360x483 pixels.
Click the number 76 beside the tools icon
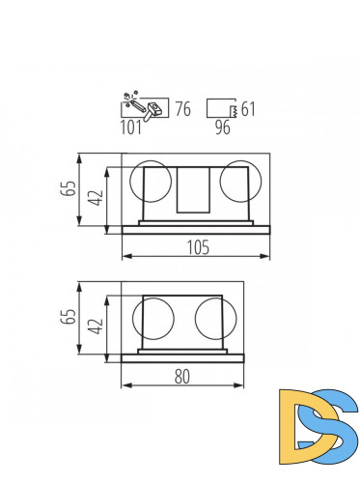tap(182, 108)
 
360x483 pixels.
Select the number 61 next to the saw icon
tap(248, 108)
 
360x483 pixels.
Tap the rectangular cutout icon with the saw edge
tap(222, 107)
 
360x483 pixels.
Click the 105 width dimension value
tap(196, 247)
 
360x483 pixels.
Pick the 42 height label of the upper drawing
tap(96, 198)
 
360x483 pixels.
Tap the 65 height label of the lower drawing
tap(69, 320)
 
